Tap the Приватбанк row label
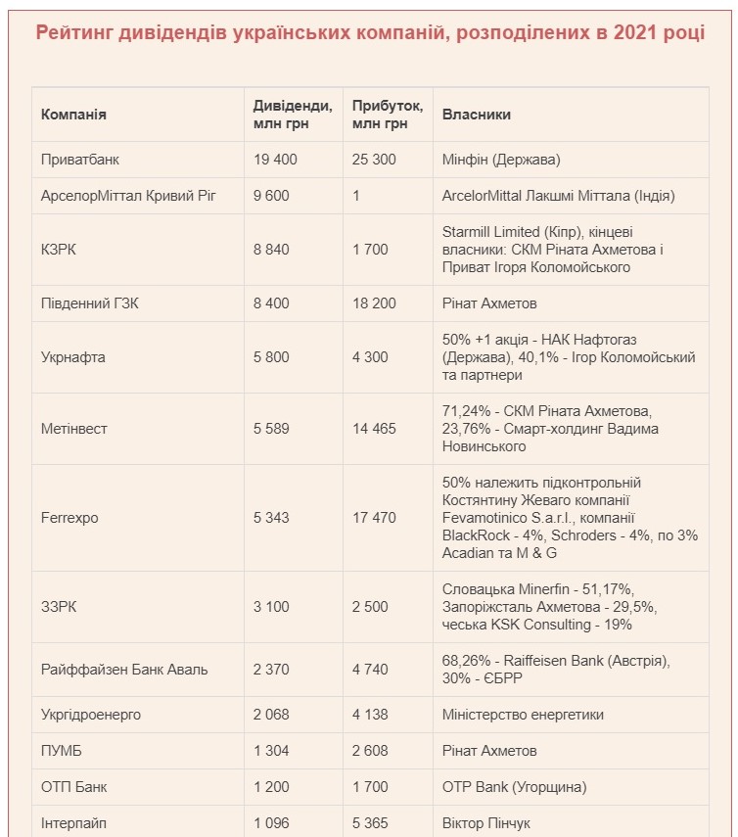click(x=80, y=159)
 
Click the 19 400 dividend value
click(x=274, y=159)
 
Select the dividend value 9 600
click(x=270, y=195)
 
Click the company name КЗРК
click(x=59, y=250)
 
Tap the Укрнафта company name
click(x=72, y=357)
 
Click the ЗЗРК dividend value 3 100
click(x=270, y=607)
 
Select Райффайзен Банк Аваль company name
click(x=124, y=670)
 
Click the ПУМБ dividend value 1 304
click(x=270, y=751)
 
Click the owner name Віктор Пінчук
click(x=489, y=823)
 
